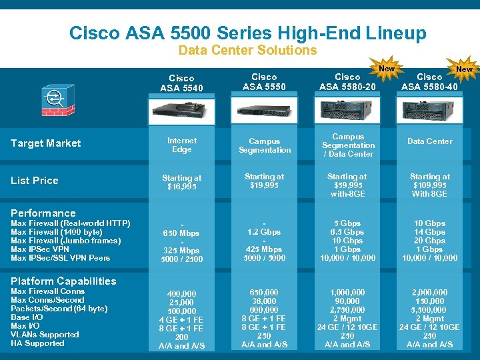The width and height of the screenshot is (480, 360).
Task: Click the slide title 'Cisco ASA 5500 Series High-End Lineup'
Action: [247, 33]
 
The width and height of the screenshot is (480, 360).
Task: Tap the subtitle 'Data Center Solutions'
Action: [247, 50]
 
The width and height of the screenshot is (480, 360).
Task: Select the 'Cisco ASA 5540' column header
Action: [181, 83]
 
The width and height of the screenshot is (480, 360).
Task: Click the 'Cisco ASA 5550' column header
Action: [264, 81]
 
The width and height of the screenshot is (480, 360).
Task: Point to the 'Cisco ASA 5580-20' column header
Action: [347, 81]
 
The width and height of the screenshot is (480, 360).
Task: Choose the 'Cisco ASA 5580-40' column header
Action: [429, 81]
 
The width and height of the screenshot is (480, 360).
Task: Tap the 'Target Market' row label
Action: [46, 143]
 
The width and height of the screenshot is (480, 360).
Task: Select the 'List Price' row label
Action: [35, 181]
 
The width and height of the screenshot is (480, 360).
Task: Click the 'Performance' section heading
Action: [43, 213]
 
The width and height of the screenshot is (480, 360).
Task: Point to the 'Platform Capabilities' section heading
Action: [63, 281]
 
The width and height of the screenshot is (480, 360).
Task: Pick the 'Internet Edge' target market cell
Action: [181, 145]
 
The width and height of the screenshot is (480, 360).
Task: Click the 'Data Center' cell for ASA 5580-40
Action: [429, 141]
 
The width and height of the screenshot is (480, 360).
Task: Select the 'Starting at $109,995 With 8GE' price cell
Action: [429, 185]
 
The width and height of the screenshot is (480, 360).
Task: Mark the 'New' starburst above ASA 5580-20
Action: [387, 69]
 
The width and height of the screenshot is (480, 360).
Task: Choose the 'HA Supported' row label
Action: [38, 343]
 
